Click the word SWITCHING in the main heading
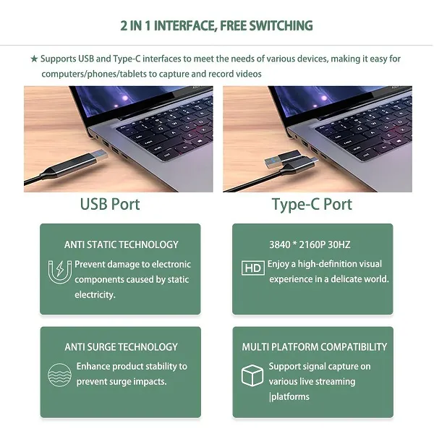pos(281,26)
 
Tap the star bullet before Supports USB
pos(34,59)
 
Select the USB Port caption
pos(110,204)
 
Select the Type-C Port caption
pos(312,205)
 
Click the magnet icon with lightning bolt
pos(59,272)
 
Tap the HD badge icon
pos(252,268)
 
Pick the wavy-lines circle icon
pos(59,375)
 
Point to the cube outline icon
pos(252,375)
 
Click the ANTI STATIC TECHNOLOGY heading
pos(122,244)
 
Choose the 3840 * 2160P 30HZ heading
pos(310,244)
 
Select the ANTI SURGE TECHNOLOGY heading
pos(122,346)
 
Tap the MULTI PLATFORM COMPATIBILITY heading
pos(315,346)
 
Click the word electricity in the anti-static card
pos(95,295)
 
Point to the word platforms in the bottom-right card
pos(290,397)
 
